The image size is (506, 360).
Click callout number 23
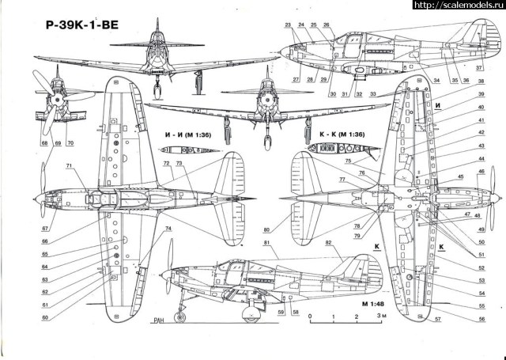(289, 25)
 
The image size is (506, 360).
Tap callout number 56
(481, 319)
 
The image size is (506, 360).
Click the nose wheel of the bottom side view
(181, 318)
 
